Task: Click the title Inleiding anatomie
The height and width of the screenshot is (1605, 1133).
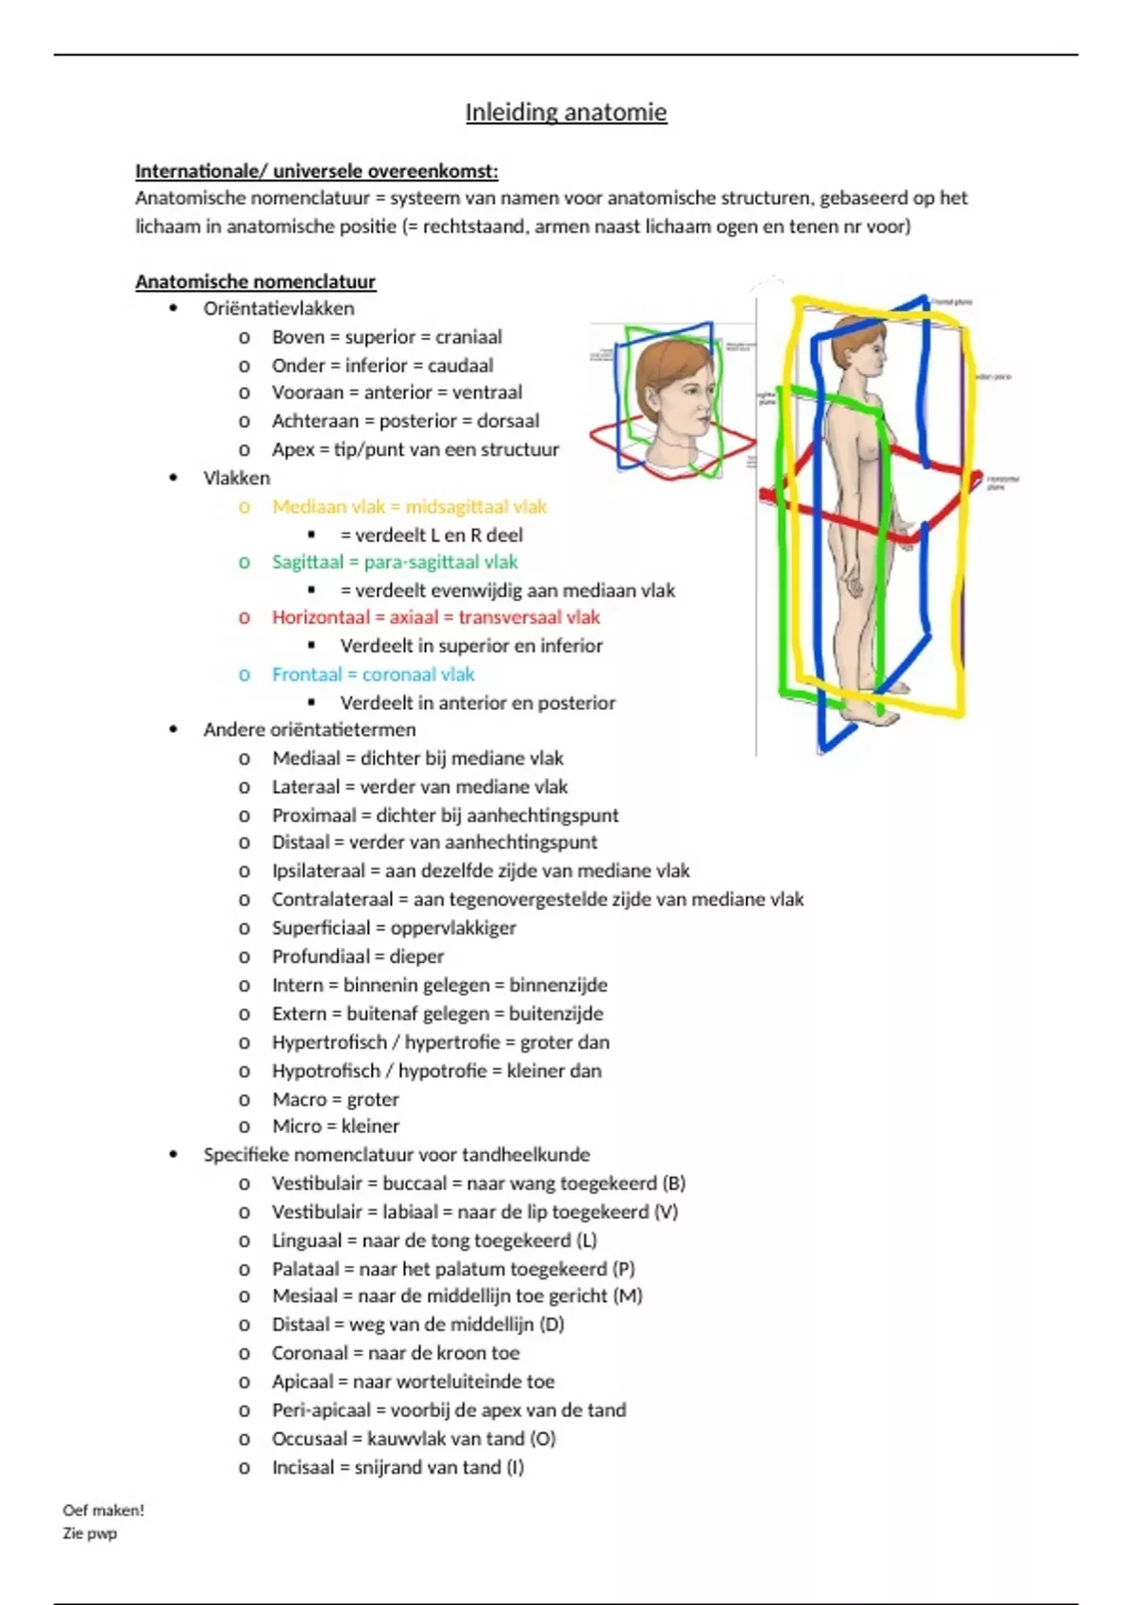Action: click(x=566, y=112)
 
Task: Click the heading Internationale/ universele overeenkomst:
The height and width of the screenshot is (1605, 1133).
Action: click(x=316, y=171)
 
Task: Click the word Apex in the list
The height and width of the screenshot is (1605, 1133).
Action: click(x=293, y=449)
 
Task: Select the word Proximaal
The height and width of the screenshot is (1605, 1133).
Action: click(x=313, y=815)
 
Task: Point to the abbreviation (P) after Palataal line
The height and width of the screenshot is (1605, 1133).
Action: click(x=623, y=1269)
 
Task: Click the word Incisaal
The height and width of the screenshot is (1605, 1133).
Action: click(x=303, y=1467)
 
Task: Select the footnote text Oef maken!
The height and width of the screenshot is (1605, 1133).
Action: click(x=103, y=1511)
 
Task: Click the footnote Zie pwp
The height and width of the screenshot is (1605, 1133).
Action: click(x=90, y=1533)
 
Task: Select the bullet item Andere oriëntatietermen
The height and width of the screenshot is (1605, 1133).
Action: click(x=309, y=730)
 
